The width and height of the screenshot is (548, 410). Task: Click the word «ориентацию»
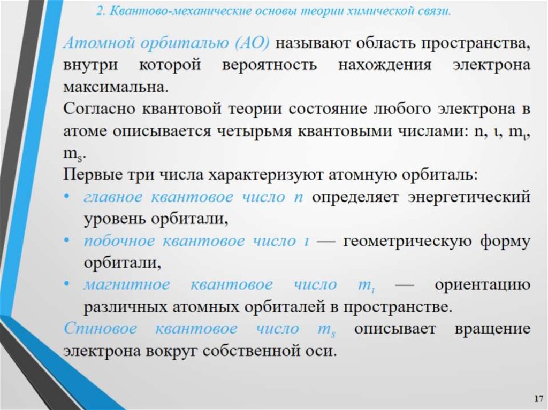pos(482,285)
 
